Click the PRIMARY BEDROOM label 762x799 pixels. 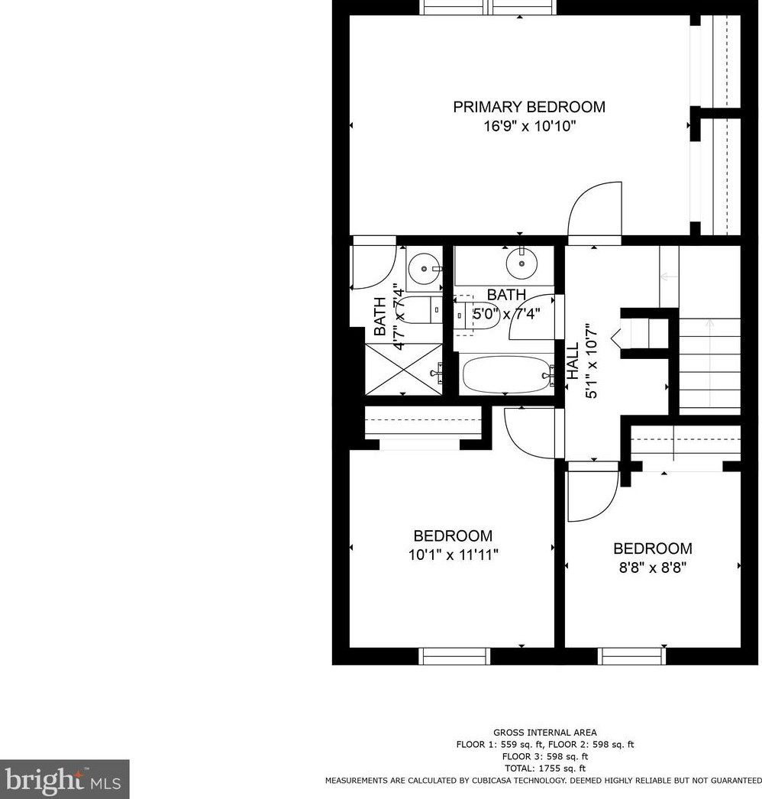[528, 107]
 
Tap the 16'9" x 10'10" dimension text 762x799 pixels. [528, 126]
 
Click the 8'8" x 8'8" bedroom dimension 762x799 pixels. [653, 568]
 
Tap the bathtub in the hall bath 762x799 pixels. [507, 375]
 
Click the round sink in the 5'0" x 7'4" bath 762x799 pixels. [521, 264]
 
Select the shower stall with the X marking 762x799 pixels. [404, 370]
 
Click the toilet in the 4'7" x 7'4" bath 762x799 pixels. [418, 311]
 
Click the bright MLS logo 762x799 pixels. [64, 779]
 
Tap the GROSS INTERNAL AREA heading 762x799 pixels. [544, 733]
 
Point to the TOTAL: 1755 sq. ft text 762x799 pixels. [544, 768]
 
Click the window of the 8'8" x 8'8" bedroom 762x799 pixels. [631, 655]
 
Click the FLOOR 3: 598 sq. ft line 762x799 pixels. [544, 756]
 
